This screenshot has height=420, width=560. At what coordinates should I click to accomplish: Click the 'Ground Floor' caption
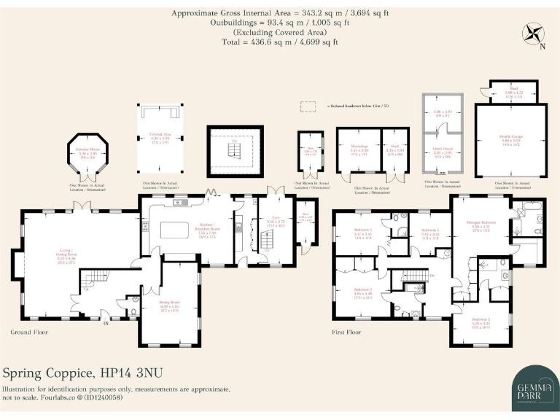pyautogui.click(x=29, y=332)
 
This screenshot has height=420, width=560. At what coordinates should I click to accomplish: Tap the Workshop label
pyautogui.click(x=359, y=150)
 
